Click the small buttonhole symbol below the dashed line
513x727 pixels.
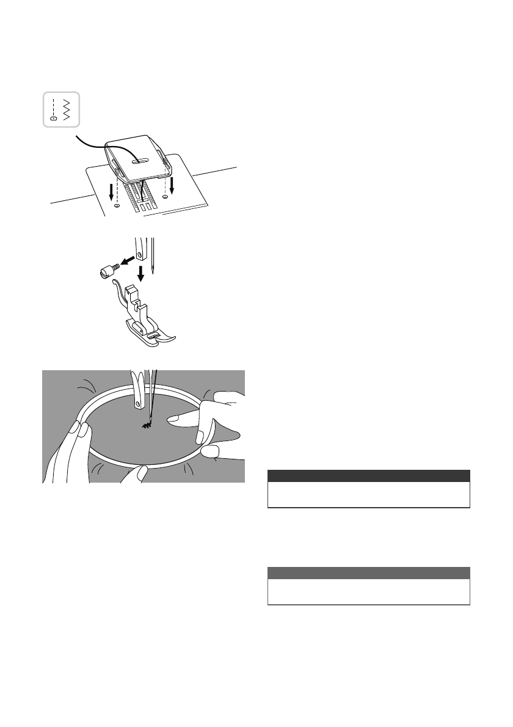[53, 119]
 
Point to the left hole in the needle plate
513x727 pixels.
[117, 207]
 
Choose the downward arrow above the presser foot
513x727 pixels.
[140, 272]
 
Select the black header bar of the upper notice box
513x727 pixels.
[369, 476]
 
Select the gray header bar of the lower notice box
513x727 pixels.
[369, 573]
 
